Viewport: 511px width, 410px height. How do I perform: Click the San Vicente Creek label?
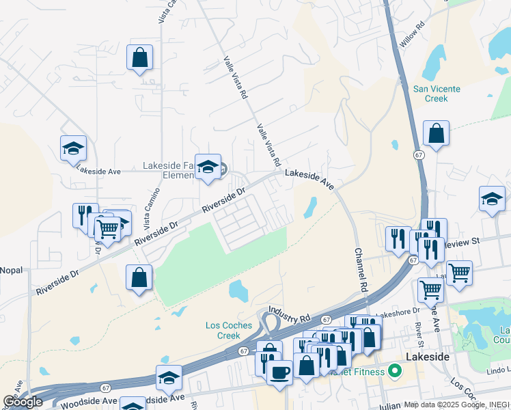point(437,94)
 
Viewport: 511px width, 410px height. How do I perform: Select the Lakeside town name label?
point(428,357)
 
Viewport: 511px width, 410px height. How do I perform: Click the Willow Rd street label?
point(412,34)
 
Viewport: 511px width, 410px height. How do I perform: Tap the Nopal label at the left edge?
point(11,271)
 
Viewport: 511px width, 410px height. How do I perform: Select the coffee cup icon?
point(279,373)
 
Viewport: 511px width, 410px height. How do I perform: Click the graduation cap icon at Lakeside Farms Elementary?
point(208,167)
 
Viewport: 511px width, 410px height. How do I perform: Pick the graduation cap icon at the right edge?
point(492,199)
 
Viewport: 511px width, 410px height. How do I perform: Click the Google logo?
point(23,402)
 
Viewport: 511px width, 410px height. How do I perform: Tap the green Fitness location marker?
point(394,372)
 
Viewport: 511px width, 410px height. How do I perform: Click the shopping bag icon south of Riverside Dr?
point(139,277)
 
